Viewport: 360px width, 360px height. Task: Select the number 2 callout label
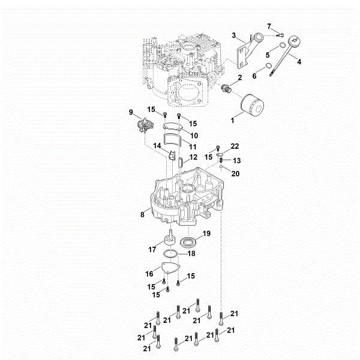click(x=240, y=78)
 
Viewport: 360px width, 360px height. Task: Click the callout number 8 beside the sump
click(x=143, y=212)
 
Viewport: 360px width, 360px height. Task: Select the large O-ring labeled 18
click(x=172, y=254)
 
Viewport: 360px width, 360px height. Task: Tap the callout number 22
click(x=235, y=146)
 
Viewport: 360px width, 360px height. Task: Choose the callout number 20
click(x=235, y=173)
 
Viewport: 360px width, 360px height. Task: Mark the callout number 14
click(x=157, y=145)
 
